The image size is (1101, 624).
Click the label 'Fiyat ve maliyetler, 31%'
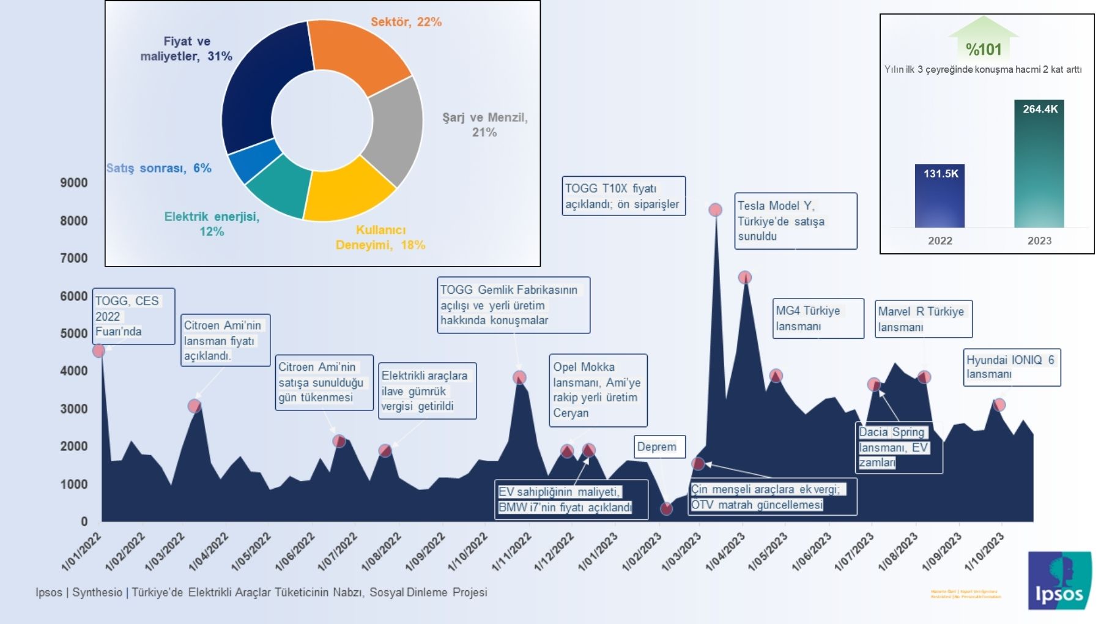point(186,49)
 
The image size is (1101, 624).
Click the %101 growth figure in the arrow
point(984,49)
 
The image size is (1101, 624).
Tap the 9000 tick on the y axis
point(74,182)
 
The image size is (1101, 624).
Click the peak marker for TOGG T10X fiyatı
point(715,210)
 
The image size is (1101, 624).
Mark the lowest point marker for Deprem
point(666,508)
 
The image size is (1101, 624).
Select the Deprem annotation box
point(656,447)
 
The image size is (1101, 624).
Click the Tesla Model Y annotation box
point(795,221)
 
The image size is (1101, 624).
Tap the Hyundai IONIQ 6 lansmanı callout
point(1011,367)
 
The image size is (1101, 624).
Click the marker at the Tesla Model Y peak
point(744,277)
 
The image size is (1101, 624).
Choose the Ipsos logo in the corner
point(1059,581)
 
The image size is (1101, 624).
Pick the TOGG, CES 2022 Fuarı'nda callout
point(133,316)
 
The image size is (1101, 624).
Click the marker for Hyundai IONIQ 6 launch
point(999,404)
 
